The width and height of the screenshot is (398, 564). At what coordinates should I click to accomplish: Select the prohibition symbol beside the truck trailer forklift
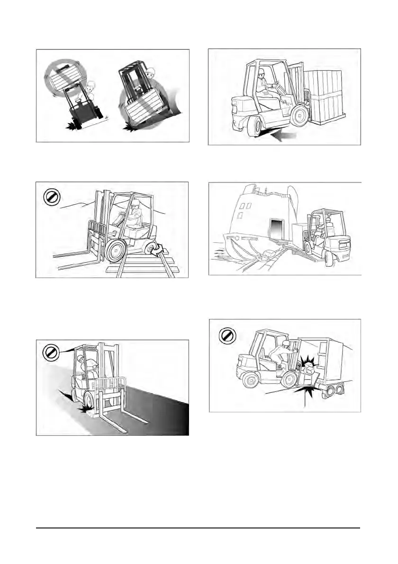(226, 336)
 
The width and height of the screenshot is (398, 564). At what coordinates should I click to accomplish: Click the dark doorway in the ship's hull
(276, 230)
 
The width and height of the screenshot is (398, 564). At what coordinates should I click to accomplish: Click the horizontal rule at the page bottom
(199, 528)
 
